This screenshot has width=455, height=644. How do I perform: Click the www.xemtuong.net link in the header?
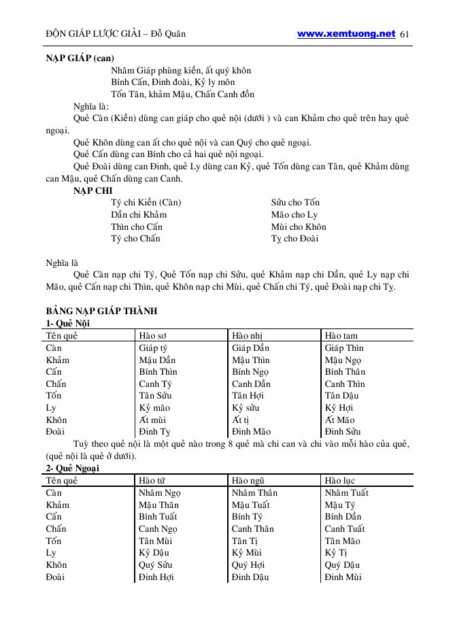(x=346, y=33)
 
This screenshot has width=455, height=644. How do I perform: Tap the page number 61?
(x=406, y=34)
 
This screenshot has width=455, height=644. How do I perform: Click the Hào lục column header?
(x=340, y=481)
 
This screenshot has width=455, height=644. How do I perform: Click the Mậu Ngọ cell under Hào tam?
(x=343, y=360)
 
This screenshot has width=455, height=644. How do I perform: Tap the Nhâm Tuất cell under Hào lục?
(x=347, y=493)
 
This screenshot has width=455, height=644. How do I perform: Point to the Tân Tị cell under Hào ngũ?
(x=245, y=541)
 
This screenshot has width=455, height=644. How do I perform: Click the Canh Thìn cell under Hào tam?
(x=345, y=384)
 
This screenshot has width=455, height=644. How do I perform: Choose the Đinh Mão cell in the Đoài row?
(x=251, y=432)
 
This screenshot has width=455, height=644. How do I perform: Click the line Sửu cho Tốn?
(x=295, y=203)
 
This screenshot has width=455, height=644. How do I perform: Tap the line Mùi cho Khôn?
(x=299, y=227)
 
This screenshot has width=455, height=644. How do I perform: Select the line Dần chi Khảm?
(x=139, y=215)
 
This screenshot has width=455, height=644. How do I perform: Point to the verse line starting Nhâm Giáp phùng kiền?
(x=181, y=70)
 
